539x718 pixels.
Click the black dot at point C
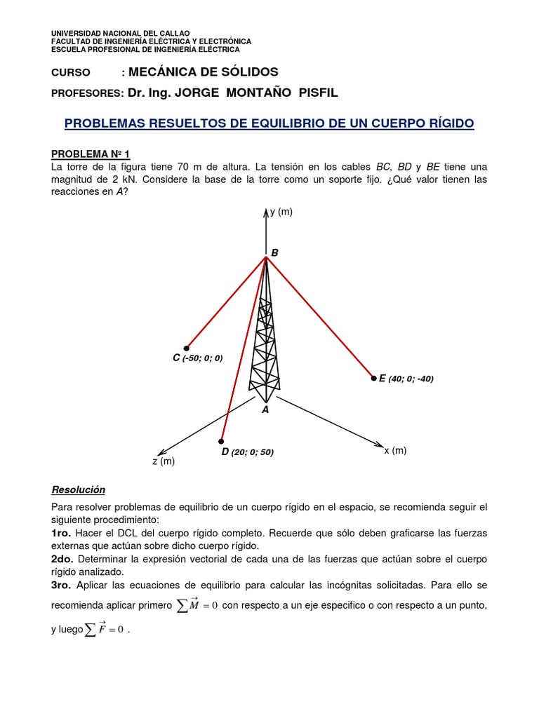coord(187,348)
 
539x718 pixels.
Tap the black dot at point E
coord(373,378)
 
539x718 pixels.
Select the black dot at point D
coord(222,441)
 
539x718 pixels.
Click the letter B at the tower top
coord(274,252)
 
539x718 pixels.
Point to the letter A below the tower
coord(265,409)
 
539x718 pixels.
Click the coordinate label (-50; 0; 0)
coord(202,358)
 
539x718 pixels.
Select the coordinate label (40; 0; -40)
coord(411,379)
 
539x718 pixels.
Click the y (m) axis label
coord(281,212)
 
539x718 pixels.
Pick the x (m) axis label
coord(395,450)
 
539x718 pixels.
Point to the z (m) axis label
coord(163,461)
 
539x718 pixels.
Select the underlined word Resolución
coord(78,489)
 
